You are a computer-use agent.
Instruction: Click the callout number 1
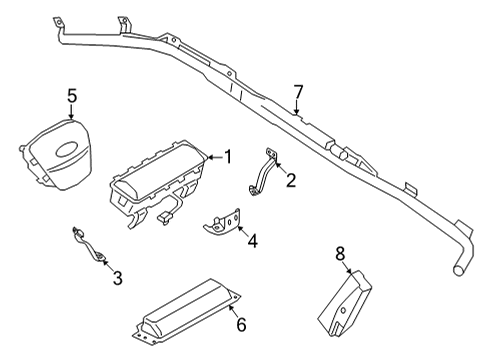228,156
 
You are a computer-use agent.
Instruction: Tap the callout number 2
291,180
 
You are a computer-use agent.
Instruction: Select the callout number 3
117,277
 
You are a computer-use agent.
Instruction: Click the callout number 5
72,96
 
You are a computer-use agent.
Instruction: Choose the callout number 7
297,92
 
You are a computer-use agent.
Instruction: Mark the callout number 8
340,253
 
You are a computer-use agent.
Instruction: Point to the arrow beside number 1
210,156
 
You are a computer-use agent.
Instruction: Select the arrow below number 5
72,115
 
